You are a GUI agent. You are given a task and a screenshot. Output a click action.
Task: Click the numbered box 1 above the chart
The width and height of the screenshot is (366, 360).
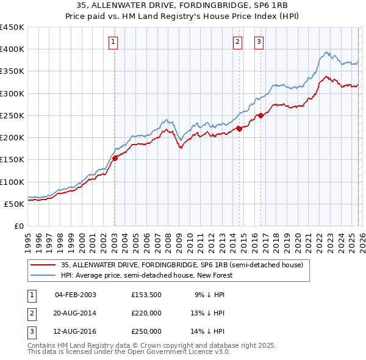coord(114,42)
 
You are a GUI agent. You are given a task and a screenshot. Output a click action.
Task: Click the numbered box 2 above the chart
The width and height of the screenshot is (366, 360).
coord(237,42)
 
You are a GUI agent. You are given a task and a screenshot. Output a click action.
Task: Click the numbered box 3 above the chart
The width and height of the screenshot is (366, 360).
coord(259,42)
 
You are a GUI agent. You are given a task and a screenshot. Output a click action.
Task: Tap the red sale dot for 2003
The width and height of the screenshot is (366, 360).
coord(115,158)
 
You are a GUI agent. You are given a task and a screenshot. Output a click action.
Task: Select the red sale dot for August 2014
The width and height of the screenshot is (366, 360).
coord(239,128)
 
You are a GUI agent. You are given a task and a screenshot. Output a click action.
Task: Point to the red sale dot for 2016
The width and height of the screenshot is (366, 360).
coord(260,115)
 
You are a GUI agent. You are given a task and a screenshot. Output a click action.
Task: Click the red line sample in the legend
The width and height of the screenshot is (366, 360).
coord(43,265)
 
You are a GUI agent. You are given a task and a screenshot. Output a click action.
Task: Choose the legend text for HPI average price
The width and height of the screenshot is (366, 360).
coord(147,275)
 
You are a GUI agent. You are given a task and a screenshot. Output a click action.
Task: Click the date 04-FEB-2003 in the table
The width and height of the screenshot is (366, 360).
coord(75,295)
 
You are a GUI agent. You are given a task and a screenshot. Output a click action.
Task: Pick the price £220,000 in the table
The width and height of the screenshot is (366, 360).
coord(146,313)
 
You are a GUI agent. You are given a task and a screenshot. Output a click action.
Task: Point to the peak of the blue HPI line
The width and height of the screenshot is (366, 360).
coord(327,52)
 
